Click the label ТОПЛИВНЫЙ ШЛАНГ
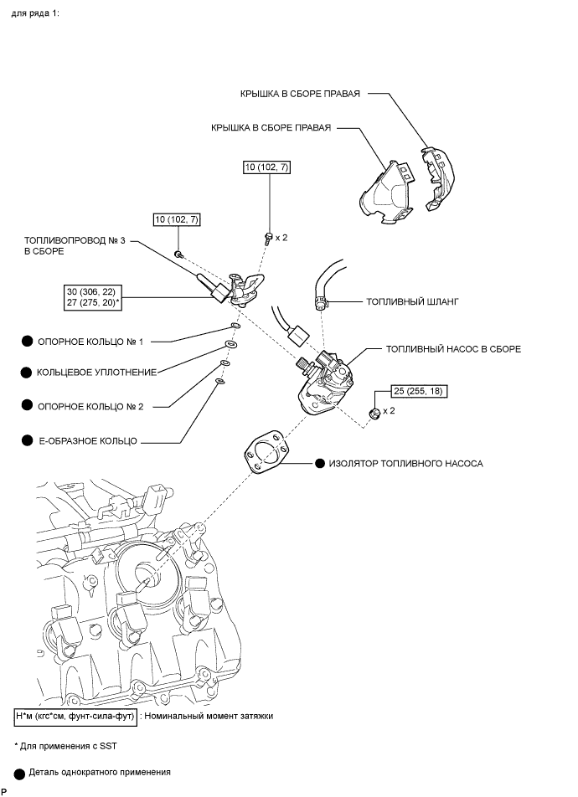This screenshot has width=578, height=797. click(406, 300)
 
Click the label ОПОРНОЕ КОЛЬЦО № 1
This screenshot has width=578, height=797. click(90, 342)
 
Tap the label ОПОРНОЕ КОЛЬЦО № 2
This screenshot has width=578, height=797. click(90, 406)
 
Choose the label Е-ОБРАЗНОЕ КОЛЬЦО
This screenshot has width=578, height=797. click(87, 439)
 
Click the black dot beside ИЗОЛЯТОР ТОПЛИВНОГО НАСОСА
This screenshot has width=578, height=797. click(320, 462)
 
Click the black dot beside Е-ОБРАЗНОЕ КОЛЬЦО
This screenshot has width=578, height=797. click(27, 439)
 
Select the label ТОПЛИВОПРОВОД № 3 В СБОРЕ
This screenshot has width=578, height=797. click(75, 245)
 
